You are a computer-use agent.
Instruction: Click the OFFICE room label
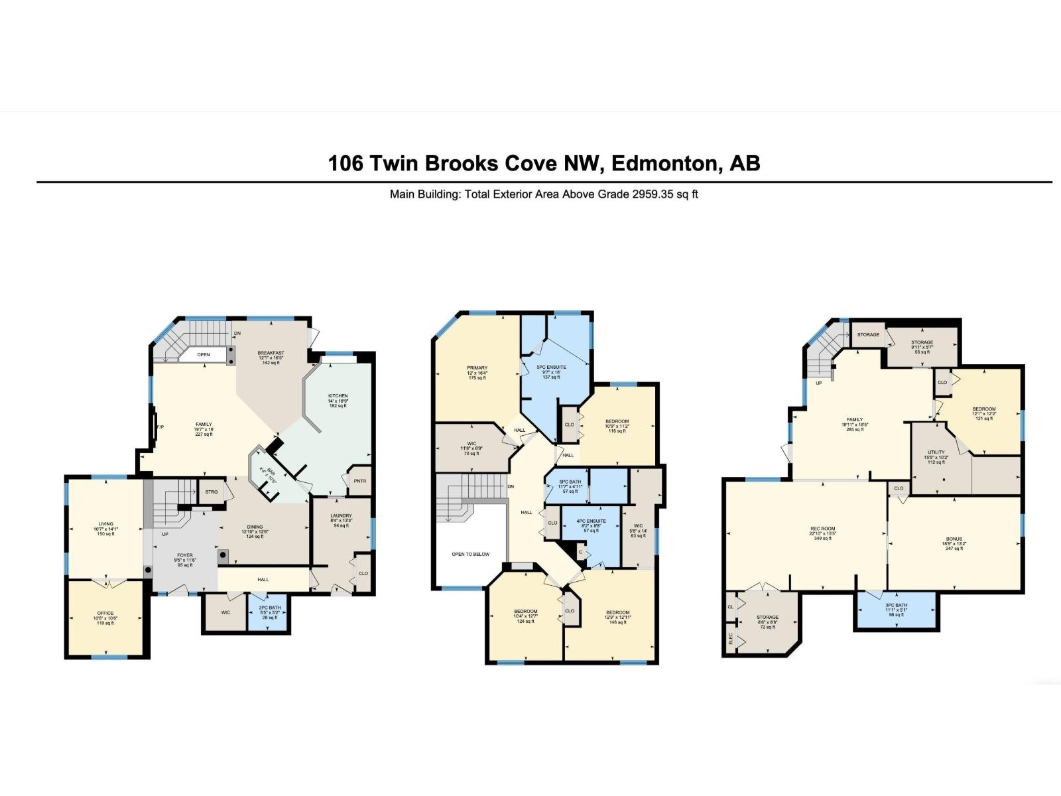tap(105, 614)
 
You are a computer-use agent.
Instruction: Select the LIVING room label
tap(105, 524)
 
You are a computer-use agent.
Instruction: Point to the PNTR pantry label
tap(359, 482)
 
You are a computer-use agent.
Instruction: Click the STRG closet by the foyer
tap(211, 492)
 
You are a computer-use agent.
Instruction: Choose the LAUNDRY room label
tap(341, 515)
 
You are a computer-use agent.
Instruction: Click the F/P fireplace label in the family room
tap(160, 427)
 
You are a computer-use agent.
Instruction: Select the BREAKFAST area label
tap(271, 353)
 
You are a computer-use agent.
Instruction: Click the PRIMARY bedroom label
tap(477, 367)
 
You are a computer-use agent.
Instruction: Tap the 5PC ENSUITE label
tap(552, 367)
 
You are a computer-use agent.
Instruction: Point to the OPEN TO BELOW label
tap(470, 554)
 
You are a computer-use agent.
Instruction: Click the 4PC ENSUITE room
tap(591, 521)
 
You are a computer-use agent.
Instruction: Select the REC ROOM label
tap(823, 529)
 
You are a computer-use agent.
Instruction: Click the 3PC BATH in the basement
tap(896, 605)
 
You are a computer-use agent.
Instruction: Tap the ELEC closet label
tap(731, 639)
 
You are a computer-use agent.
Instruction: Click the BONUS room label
tap(954, 539)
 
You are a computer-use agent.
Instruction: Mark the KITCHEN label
tap(338, 396)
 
